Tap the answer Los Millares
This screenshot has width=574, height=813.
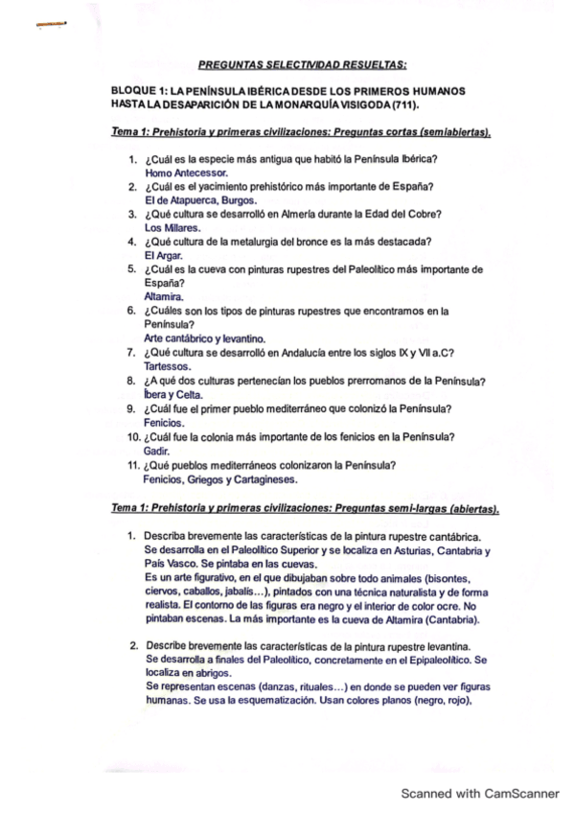[x=172, y=228]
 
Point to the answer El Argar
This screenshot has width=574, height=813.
[x=163, y=256]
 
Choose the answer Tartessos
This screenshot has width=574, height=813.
[x=167, y=366]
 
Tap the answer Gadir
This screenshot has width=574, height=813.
[x=156, y=450]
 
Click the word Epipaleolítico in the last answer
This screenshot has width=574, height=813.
[x=428, y=662]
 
